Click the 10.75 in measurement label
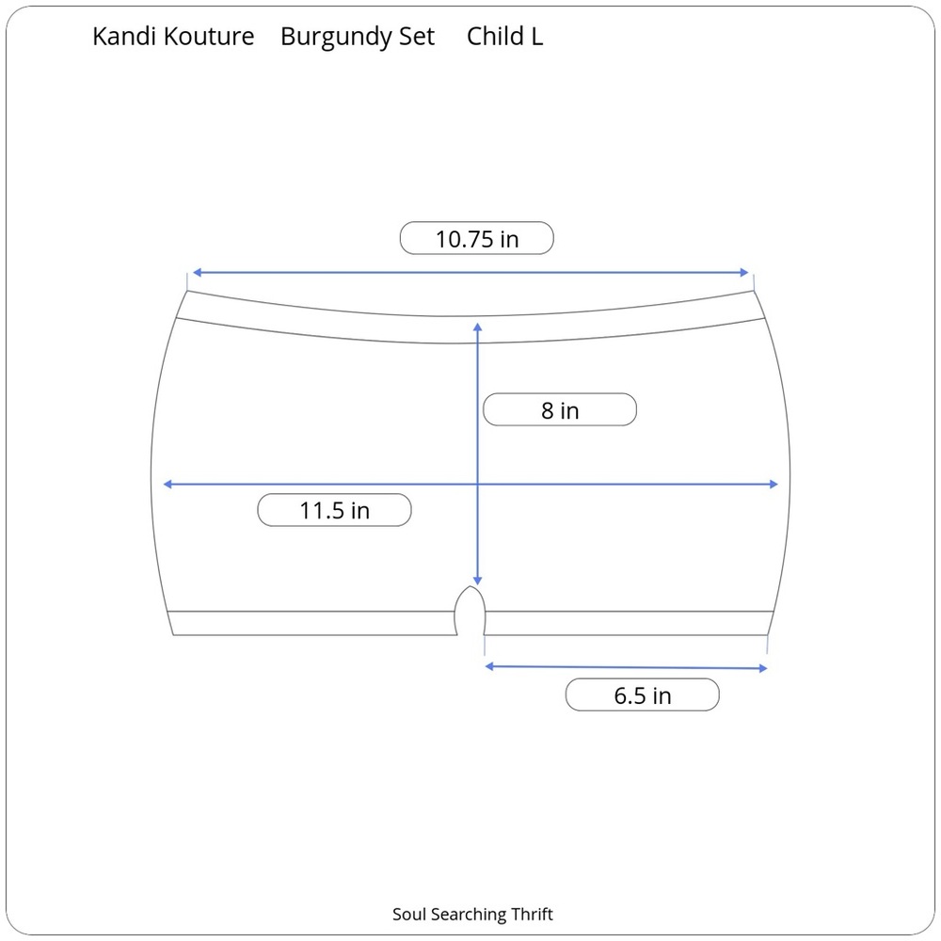476,238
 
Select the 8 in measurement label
559,410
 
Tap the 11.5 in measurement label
334,510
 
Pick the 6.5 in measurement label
642,695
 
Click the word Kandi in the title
124,36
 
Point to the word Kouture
209,37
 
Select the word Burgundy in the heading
336,38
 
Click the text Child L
504,36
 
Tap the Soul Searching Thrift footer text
472,914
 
